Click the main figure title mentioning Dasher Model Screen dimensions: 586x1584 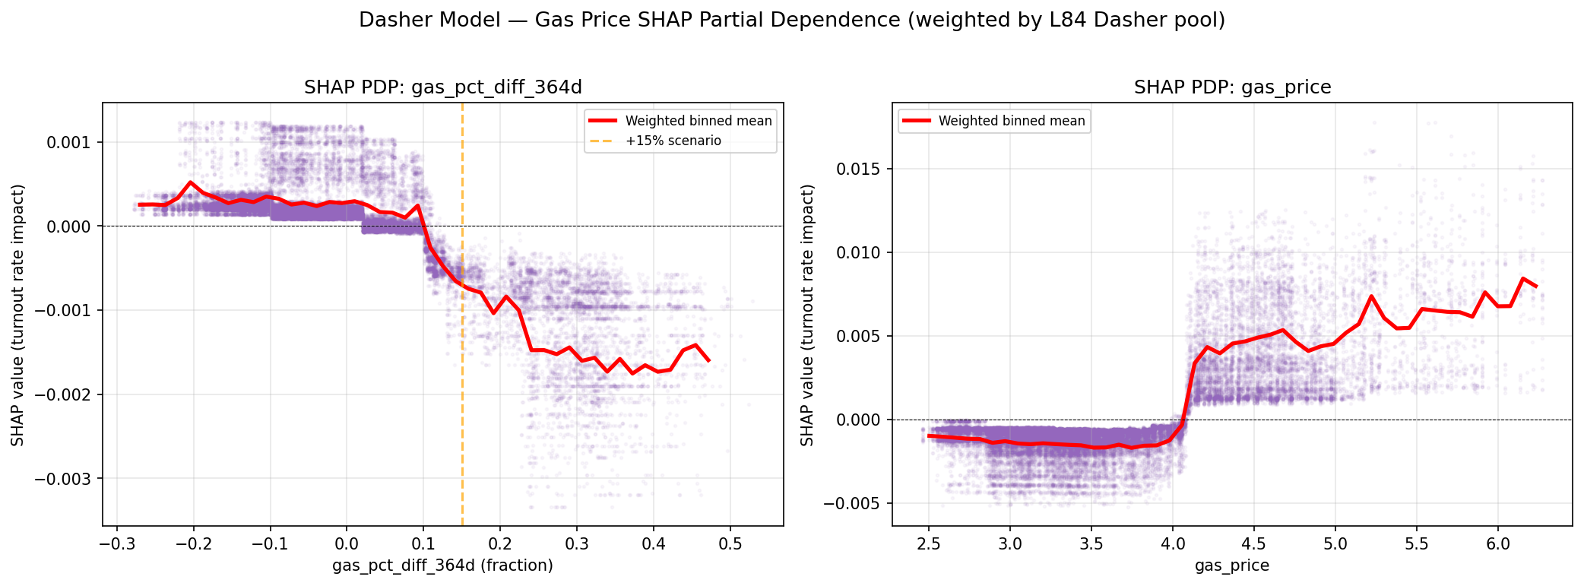point(791,21)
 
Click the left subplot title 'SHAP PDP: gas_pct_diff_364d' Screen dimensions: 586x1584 point(443,87)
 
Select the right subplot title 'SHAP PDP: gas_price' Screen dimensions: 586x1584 point(1232,87)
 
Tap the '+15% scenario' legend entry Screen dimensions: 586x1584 point(673,141)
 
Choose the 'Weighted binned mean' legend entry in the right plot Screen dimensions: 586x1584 point(1011,121)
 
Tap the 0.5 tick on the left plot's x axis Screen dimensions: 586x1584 point(730,545)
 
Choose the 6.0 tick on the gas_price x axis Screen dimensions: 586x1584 point(1497,545)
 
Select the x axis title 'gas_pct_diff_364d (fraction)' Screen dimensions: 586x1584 point(442,565)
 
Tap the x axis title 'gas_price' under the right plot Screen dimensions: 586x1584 point(1231,565)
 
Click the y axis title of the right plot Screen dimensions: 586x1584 point(807,315)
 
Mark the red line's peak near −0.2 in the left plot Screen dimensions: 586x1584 point(191,182)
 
